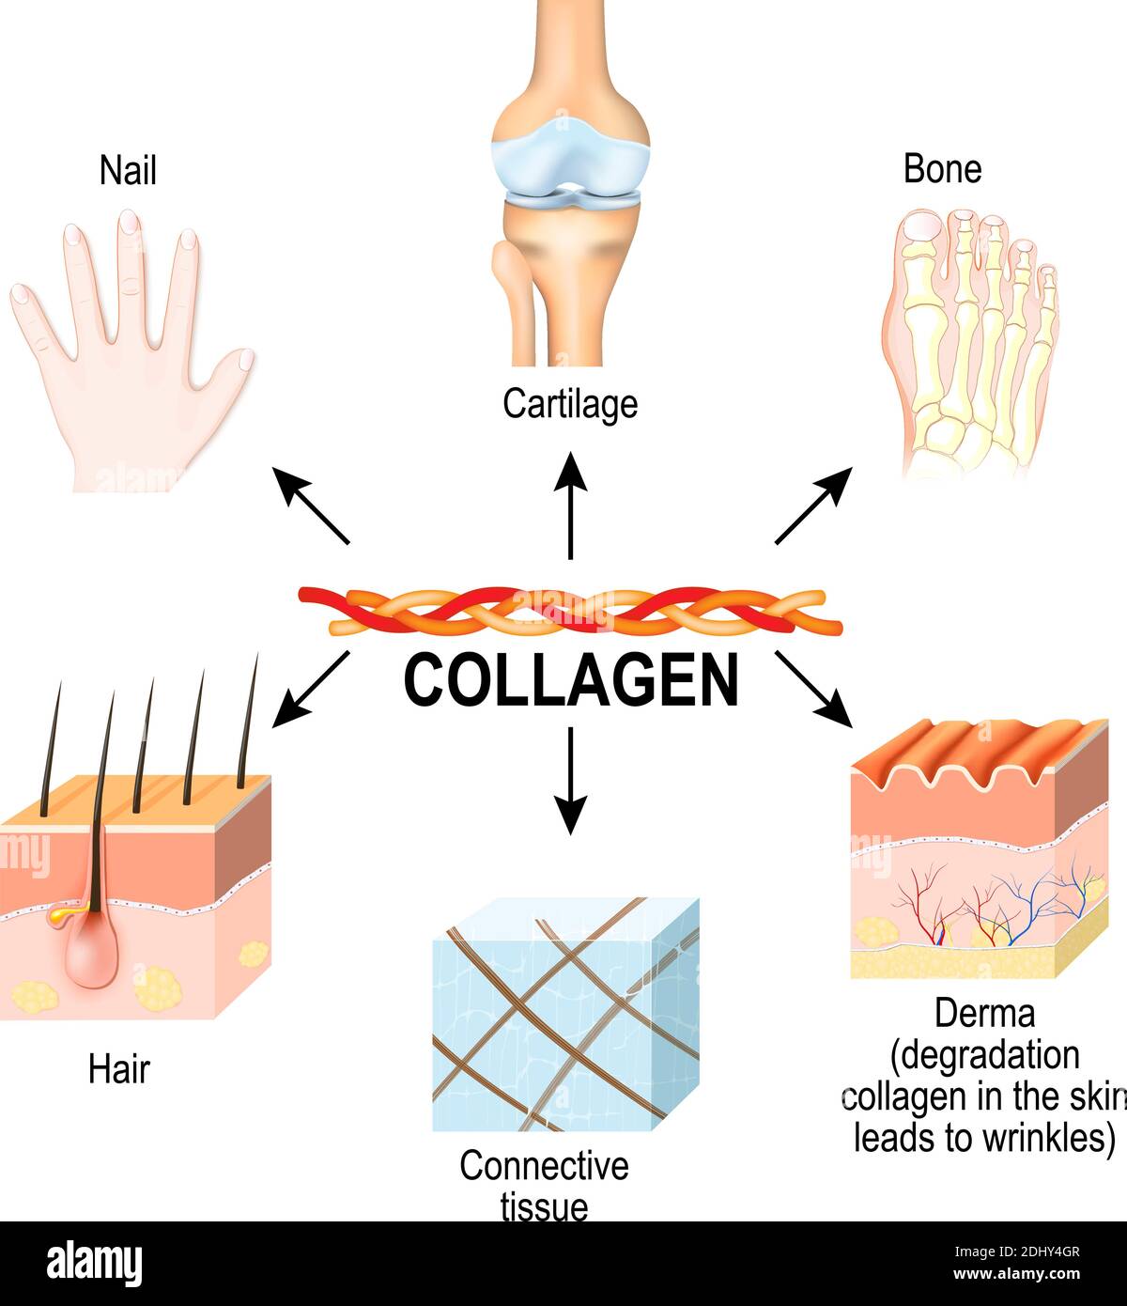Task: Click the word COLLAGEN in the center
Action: pos(571,680)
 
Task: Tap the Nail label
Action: pos(128,172)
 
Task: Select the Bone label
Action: pos(942,169)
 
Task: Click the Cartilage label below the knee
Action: pos(570,404)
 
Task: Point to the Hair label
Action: pos(119,1069)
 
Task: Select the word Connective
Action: pos(544,1166)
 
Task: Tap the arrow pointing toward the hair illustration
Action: pos(310,690)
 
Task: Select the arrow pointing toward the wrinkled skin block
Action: pos(813,690)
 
